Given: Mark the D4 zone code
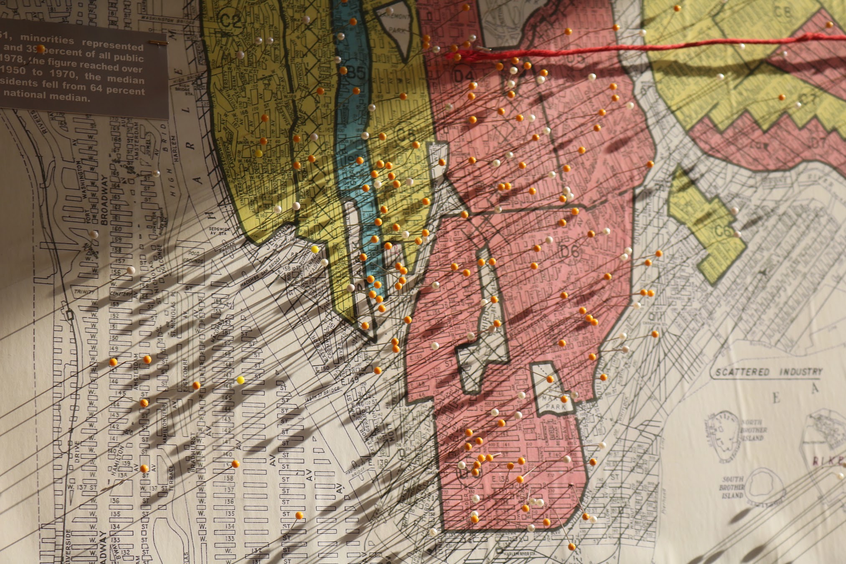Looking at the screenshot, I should [x=464, y=76].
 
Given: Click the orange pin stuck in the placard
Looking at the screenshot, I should [x=41, y=49].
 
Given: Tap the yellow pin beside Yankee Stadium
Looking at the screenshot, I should [x=315, y=249].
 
